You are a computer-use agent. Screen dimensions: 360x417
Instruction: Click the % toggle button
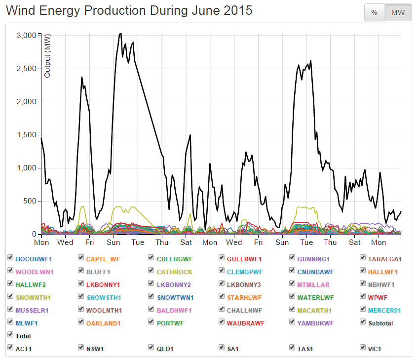375,13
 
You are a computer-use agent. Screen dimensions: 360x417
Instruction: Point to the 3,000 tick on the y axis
26,36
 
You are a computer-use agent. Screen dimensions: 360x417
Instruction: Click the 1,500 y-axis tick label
26,135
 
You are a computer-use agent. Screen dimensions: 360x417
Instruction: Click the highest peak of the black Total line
120,34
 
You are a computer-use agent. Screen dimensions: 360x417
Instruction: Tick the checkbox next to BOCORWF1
11,258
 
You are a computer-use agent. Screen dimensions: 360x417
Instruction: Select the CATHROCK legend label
174,272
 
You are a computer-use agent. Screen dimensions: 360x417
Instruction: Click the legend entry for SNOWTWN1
175,298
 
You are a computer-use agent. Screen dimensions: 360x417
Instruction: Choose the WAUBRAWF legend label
245,323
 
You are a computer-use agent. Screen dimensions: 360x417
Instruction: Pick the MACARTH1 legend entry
315,311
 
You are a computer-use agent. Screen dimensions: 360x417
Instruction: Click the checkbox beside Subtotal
363,323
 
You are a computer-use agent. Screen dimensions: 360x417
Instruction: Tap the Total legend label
23,336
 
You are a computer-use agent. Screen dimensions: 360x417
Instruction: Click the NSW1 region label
94,349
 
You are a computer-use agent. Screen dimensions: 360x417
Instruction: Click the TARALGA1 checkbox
363,258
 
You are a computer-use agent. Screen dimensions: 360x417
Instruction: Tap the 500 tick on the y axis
30,201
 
